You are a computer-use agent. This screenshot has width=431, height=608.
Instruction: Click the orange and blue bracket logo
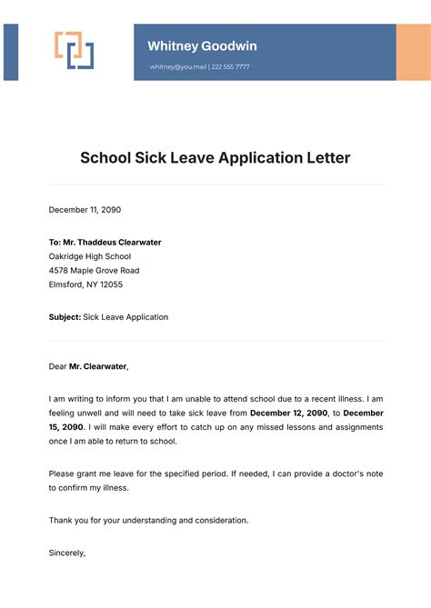(x=75, y=51)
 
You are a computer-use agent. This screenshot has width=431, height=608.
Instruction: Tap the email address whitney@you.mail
(x=178, y=67)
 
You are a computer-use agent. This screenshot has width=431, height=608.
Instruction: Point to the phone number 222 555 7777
(x=231, y=67)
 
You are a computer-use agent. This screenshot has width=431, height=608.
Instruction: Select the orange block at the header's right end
(x=413, y=52)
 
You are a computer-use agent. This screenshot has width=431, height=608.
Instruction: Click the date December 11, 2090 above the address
(x=85, y=210)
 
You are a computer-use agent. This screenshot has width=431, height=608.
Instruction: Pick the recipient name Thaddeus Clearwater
(x=117, y=243)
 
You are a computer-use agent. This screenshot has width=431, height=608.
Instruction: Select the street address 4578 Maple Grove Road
(x=94, y=271)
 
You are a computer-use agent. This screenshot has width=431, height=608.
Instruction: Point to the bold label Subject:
(x=65, y=317)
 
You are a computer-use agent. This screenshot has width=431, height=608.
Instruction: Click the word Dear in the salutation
(x=58, y=366)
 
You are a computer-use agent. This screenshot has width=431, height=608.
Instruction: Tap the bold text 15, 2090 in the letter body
(x=68, y=427)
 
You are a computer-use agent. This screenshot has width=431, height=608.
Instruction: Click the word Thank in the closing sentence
(x=61, y=520)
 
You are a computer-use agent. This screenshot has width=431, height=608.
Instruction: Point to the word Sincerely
(x=67, y=553)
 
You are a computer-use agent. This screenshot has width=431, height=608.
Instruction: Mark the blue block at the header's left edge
(x=11, y=52)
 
